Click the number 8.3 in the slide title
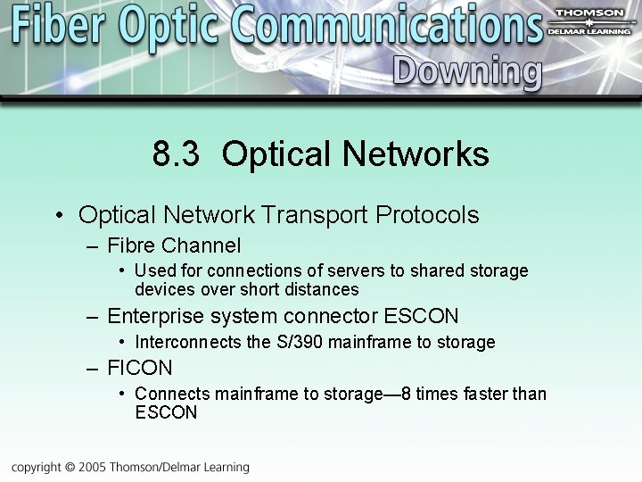[177, 154]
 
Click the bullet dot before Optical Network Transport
[58, 216]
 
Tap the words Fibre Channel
[174, 245]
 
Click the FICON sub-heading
[139, 368]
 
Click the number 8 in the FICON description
[407, 394]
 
